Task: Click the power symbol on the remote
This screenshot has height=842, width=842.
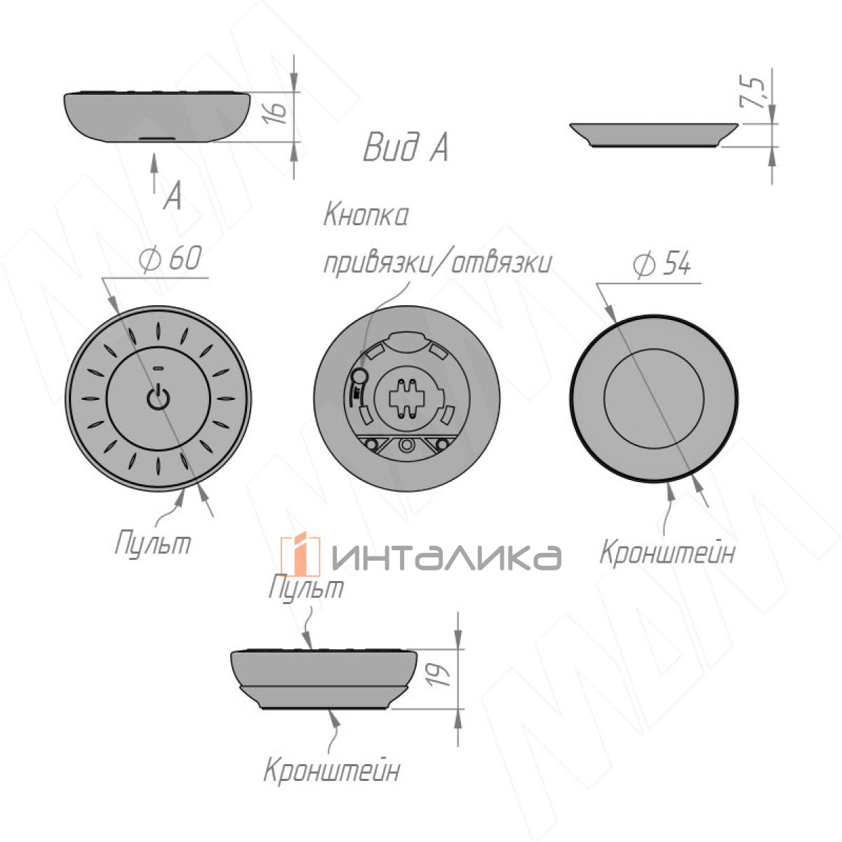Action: [x=158, y=397]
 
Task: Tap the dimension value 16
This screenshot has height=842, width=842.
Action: [x=276, y=113]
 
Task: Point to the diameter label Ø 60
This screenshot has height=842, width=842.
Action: [x=171, y=258]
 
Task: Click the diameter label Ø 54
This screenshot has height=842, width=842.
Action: [x=662, y=264]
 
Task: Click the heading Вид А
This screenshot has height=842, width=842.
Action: [x=406, y=147]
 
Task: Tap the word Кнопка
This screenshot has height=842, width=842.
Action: [x=366, y=215]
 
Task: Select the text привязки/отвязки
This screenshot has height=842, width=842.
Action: [x=437, y=263]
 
